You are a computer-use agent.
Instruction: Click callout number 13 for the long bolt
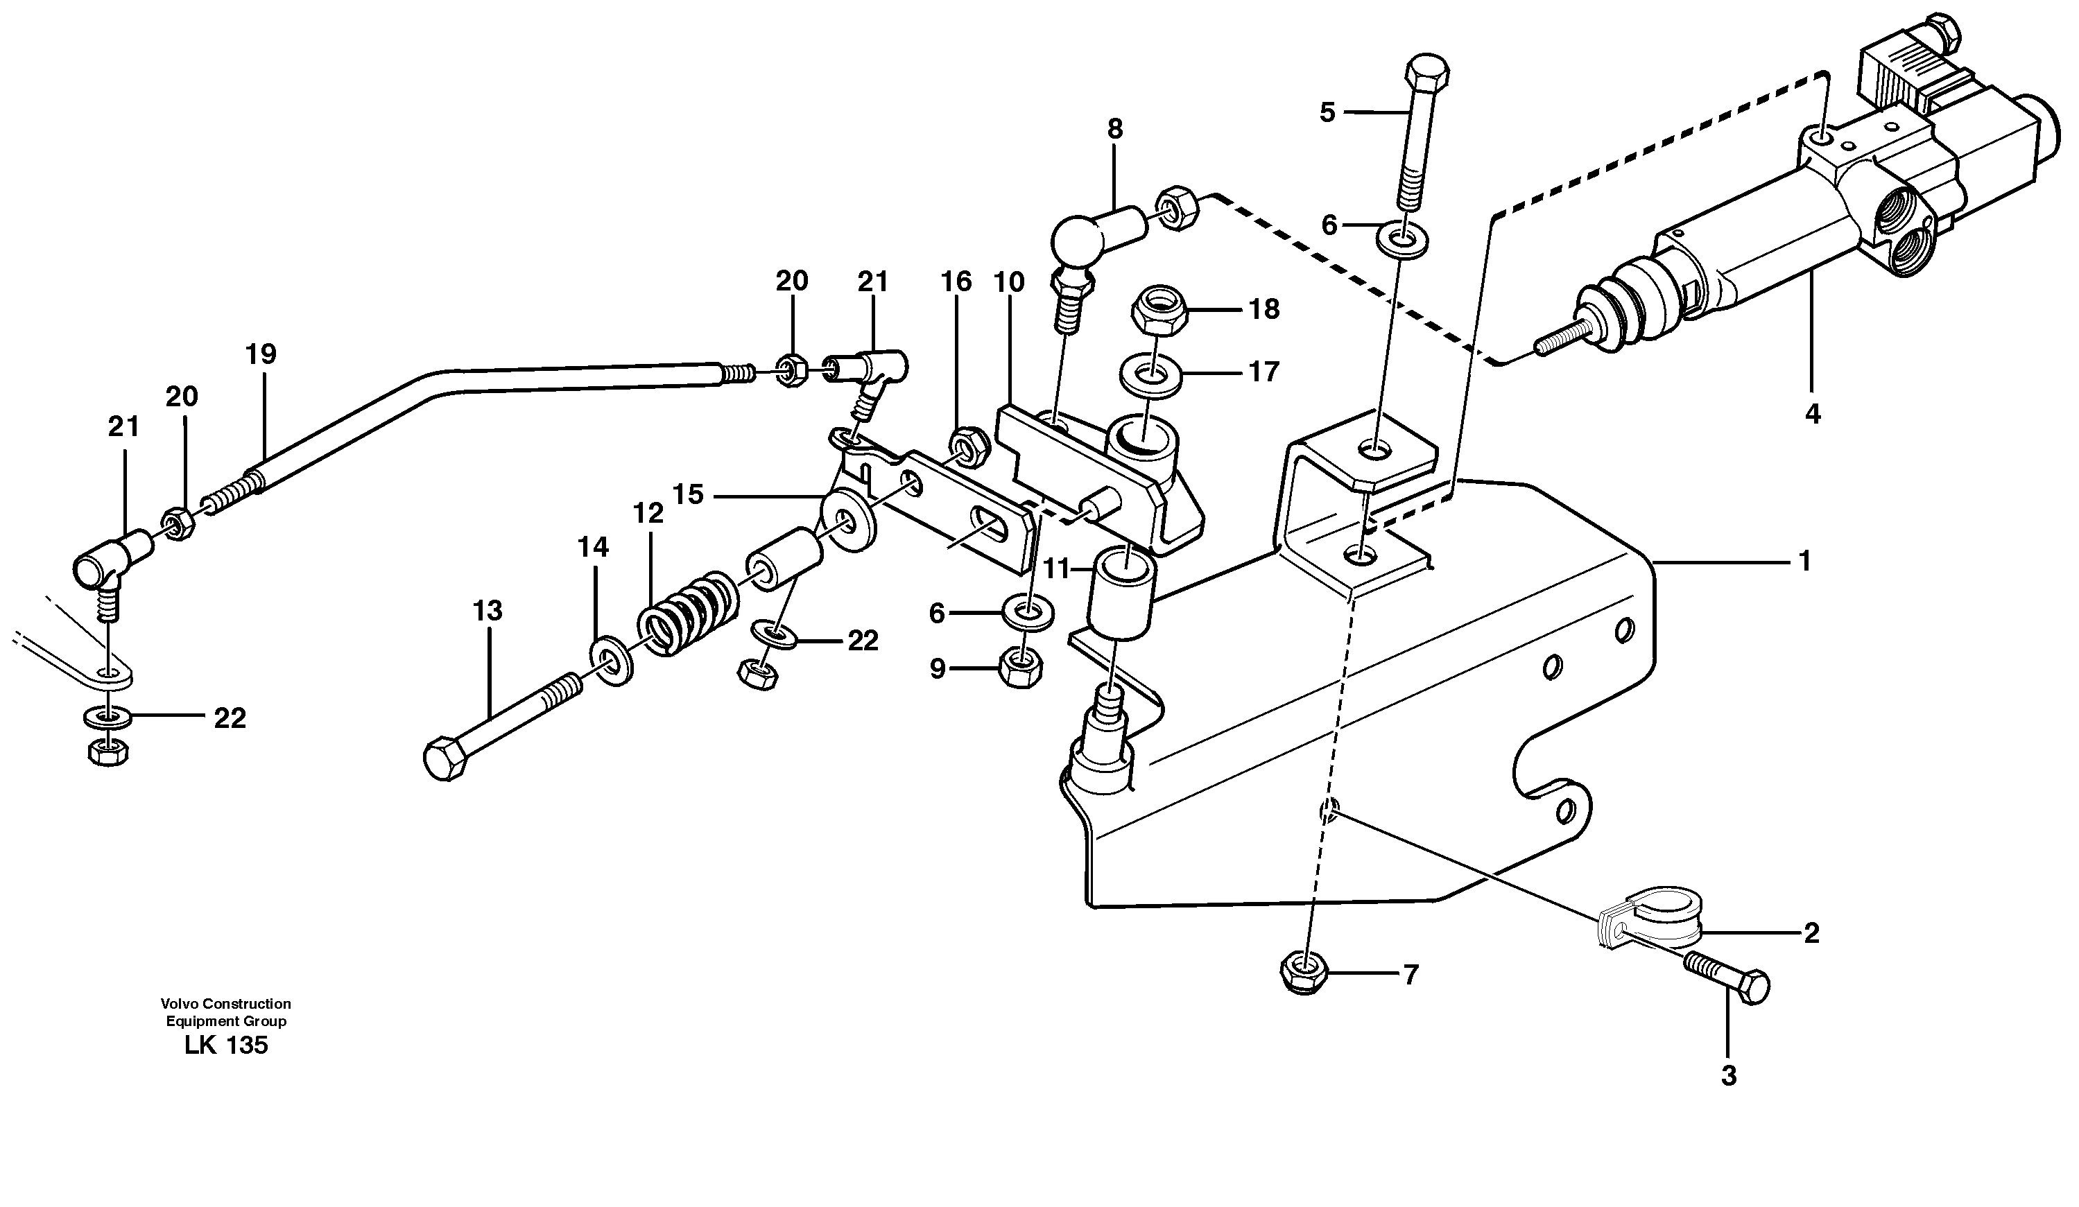coord(488,611)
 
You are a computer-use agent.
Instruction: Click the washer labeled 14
coord(612,659)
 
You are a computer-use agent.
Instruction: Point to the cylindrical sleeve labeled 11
coord(1121,594)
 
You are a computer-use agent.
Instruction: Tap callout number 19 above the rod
coord(261,355)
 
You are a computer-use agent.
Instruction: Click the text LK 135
coord(225,1045)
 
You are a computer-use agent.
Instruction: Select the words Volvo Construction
coord(225,1003)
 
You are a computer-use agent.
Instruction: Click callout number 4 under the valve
coord(1812,413)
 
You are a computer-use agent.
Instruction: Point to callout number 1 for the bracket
coord(1804,561)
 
